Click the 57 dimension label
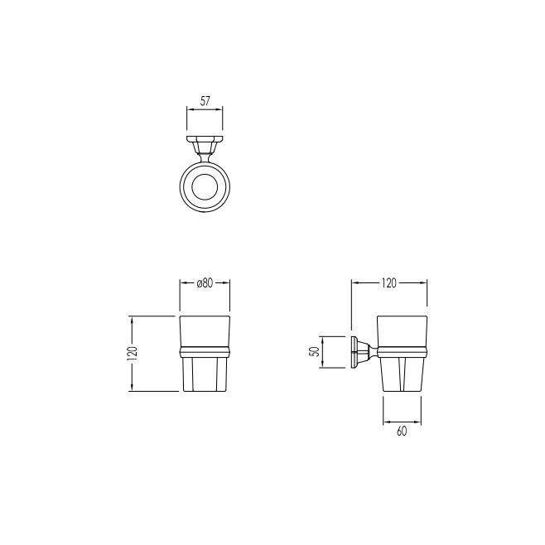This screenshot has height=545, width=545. pyautogui.click(x=205, y=101)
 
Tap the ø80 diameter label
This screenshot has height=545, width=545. pyautogui.click(x=205, y=283)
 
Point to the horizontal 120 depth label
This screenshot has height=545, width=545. pyautogui.click(x=389, y=283)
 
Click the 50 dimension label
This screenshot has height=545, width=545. pyautogui.click(x=315, y=351)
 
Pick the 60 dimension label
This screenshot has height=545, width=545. pyautogui.click(x=402, y=431)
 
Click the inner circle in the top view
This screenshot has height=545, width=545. pyautogui.click(x=205, y=187)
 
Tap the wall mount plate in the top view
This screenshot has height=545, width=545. pyautogui.click(x=205, y=138)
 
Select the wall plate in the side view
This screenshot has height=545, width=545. pyautogui.click(x=354, y=352)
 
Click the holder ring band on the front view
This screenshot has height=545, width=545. pyautogui.click(x=205, y=352)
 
